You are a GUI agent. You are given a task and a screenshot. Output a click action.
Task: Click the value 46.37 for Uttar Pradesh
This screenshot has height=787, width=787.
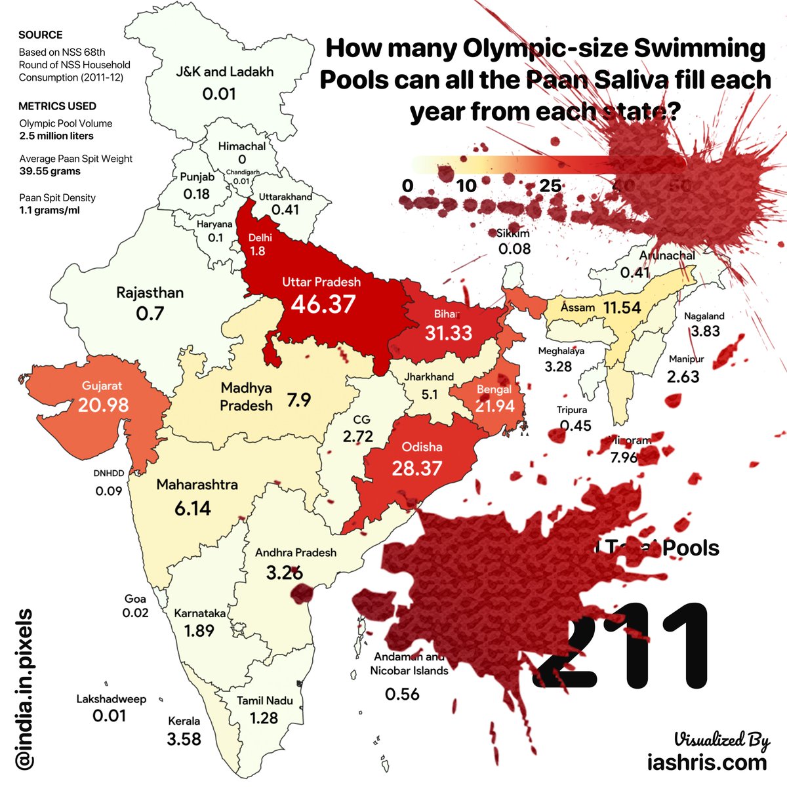point(323,304)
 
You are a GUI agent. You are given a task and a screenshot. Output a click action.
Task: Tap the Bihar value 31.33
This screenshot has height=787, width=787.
point(448,333)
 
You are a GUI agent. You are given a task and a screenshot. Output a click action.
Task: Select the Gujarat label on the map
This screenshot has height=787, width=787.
point(102,386)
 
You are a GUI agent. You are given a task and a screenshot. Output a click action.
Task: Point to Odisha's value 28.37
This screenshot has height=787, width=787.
point(416,469)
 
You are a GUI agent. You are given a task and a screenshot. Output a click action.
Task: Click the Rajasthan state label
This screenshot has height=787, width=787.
point(150,293)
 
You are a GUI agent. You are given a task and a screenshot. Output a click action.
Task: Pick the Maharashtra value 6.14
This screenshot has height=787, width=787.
point(193,508)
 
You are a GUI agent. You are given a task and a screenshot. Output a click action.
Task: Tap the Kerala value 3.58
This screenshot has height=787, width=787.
point(184,739)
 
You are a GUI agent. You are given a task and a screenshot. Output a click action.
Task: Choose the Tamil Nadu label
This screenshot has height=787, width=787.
point(264,700)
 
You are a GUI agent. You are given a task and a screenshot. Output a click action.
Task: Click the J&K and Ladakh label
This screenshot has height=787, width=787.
point(224,71)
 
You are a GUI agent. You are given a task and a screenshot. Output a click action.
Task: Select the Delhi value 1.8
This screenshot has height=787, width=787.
point(258,251)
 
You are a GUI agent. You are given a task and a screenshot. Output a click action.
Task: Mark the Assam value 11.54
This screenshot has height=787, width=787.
point(622,307)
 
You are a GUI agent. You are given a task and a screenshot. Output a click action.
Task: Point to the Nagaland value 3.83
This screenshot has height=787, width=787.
point(705,331)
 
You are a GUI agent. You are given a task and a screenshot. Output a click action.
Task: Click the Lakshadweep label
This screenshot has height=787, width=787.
point(111,699)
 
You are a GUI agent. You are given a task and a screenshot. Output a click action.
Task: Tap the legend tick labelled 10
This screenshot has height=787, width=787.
point(466,186)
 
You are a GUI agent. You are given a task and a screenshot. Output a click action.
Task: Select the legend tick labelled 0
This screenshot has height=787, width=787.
point(408,186)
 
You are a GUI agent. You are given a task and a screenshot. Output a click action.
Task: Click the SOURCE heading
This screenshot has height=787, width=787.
point(41,35)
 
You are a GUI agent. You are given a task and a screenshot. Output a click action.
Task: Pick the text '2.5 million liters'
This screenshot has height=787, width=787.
point(56,136)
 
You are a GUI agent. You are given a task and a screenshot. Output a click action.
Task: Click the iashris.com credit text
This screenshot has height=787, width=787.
point(706,762)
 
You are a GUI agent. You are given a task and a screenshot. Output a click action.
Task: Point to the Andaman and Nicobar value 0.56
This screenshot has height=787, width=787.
point(402,694)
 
